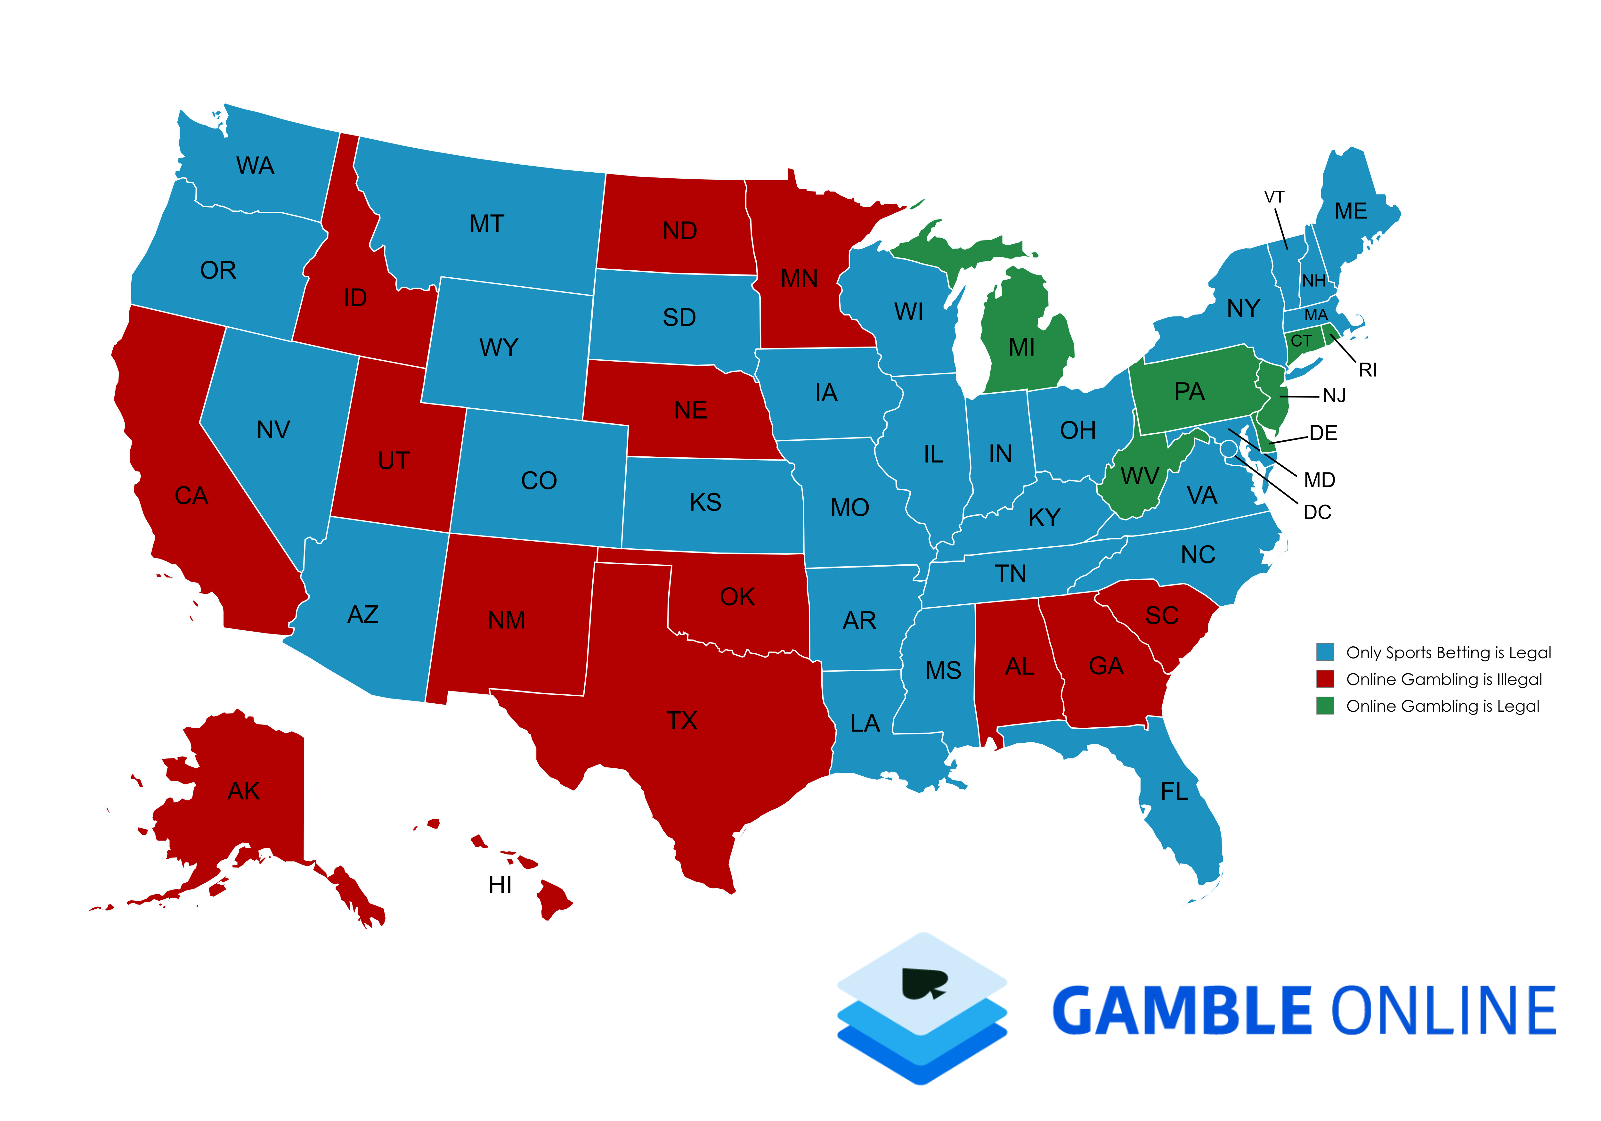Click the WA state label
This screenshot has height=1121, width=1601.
click(255, 166)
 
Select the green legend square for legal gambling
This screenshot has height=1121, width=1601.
click(1325, 706)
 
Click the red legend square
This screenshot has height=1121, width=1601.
click(1325, 679)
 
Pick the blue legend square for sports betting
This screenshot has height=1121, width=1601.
click(1325, 652)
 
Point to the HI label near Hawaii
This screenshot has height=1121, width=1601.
click(500, 885)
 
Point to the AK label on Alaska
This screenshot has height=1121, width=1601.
click(243, 791)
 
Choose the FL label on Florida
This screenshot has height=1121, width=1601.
click(1174, 792)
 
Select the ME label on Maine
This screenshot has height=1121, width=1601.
click(1351, 211)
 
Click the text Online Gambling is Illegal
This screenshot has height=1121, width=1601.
click(1443, 679)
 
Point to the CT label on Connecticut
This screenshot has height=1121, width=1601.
click(1301, 341)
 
